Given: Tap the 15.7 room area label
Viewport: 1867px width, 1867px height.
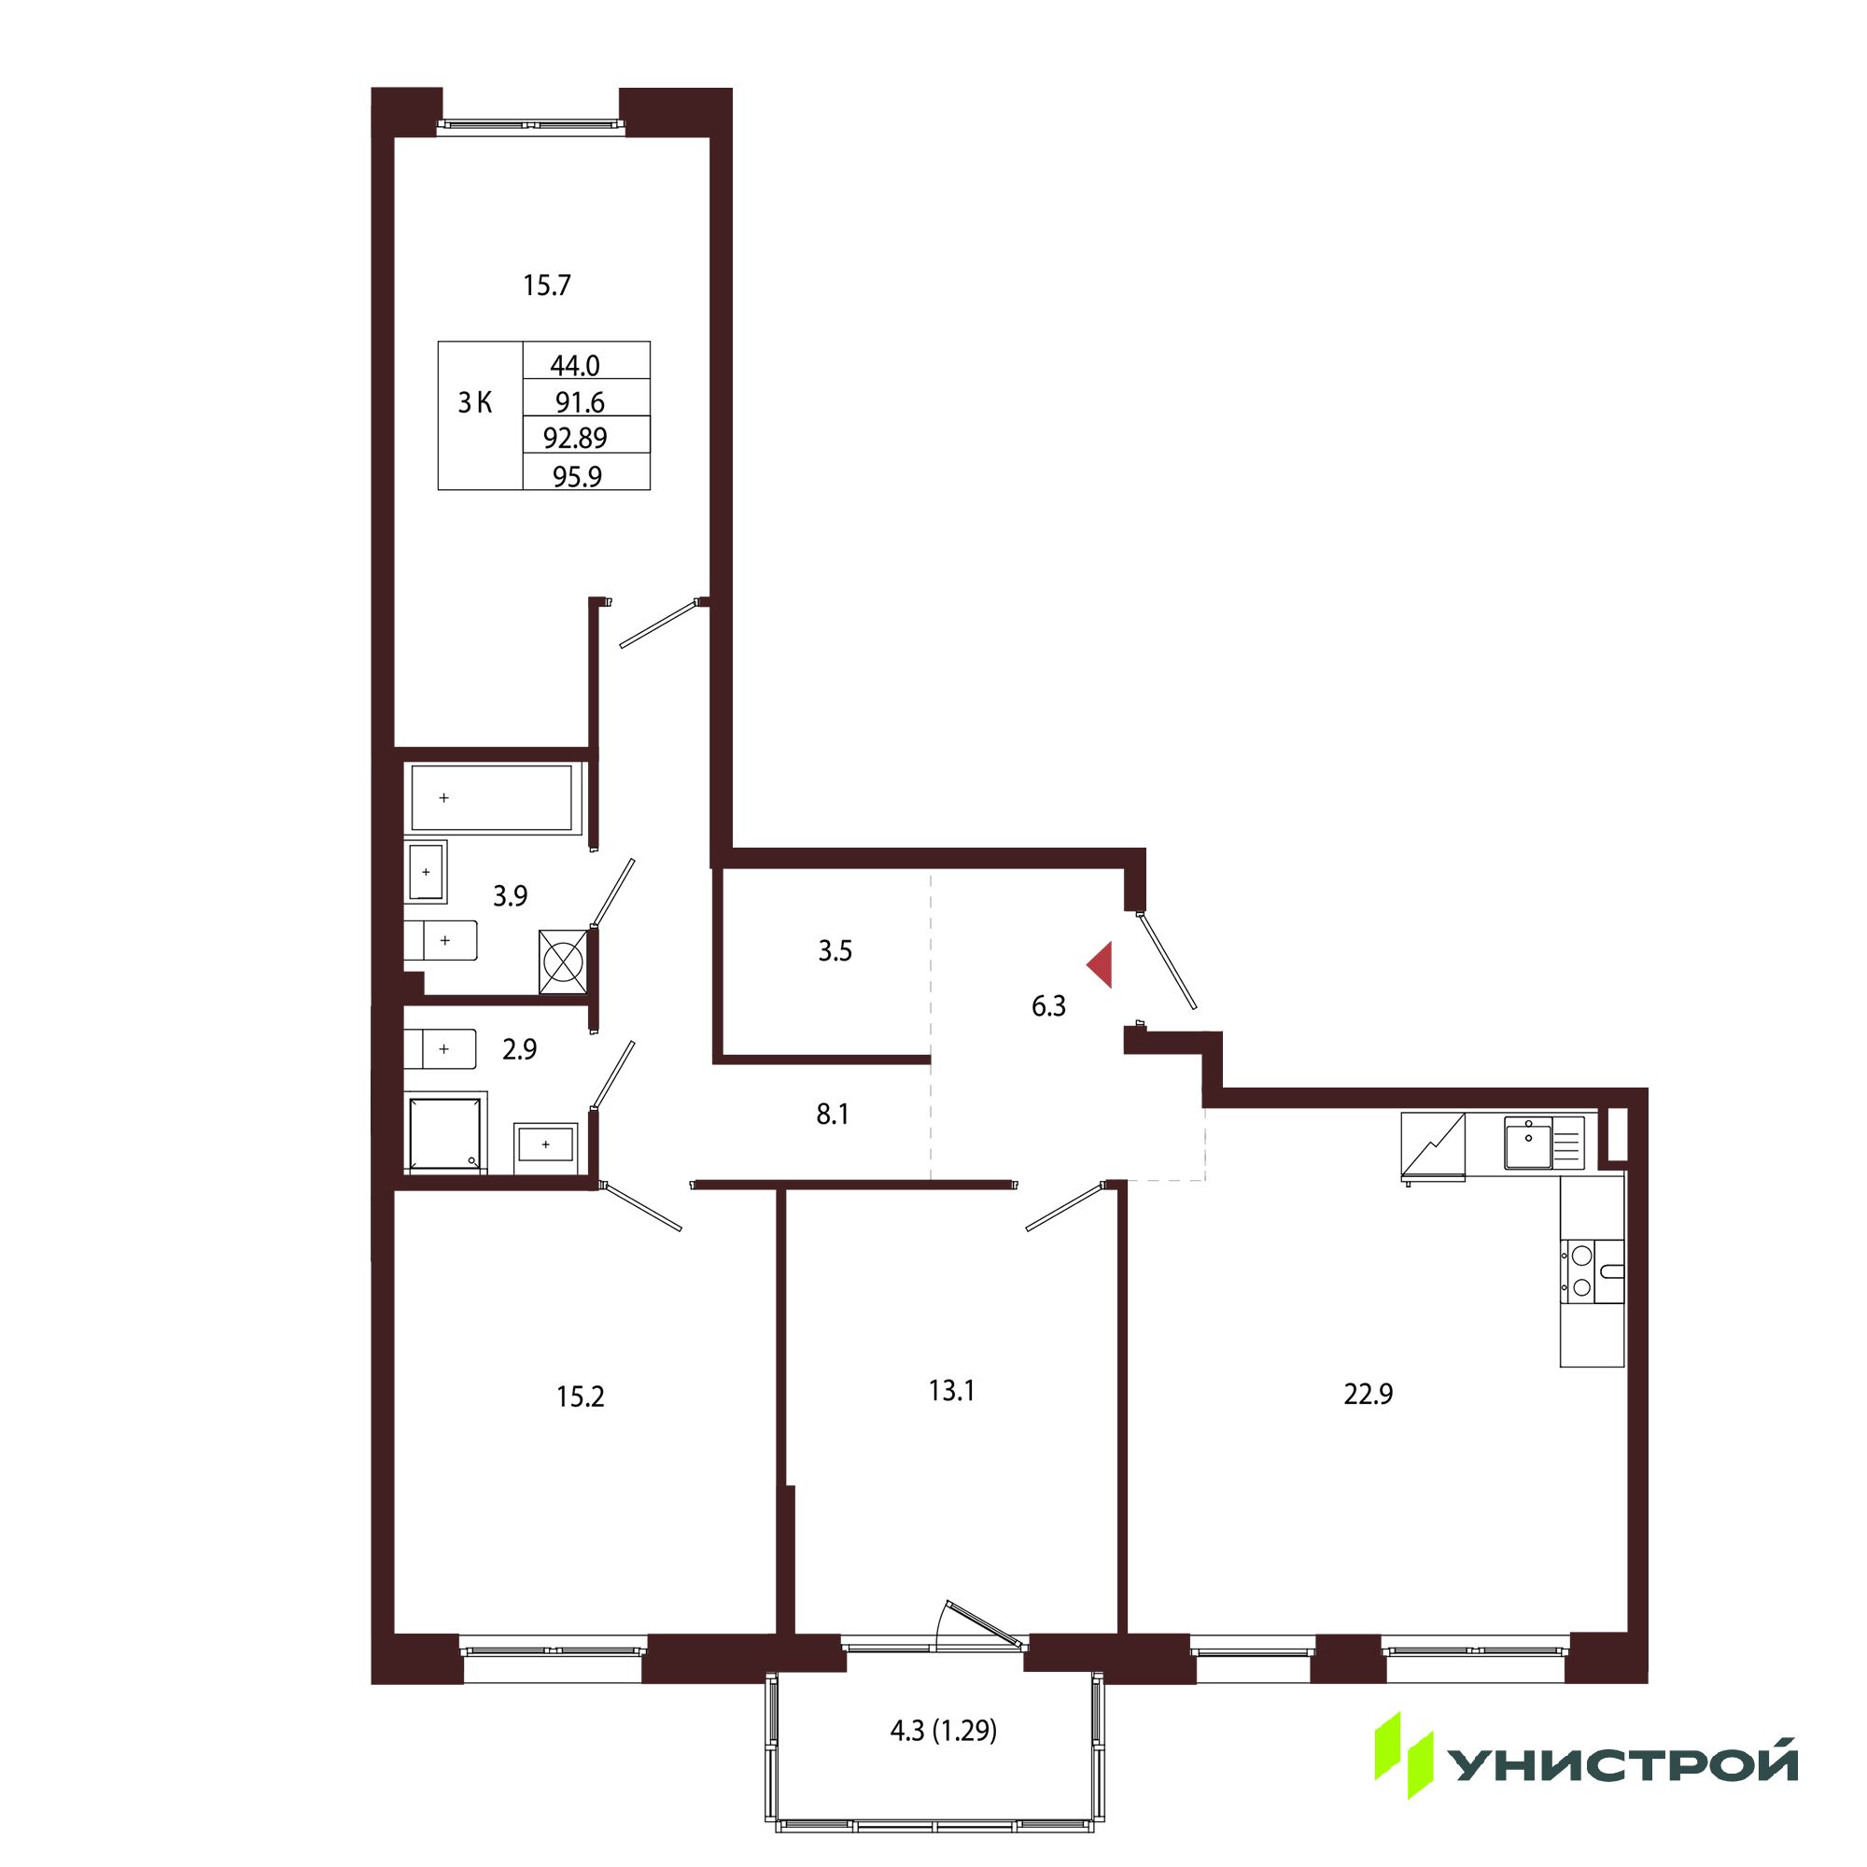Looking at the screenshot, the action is coord(547,285).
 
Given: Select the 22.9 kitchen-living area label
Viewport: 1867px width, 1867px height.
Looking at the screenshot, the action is coord(1368,1395).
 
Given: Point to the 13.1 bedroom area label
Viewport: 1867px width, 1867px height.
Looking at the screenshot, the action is coord(951,1391).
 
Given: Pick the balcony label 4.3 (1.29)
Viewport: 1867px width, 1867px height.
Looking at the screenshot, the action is coord(943,1729).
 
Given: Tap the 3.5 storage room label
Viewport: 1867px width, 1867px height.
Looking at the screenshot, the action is coord(835,951).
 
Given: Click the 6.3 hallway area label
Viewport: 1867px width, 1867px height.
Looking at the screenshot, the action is coord(1048,1006).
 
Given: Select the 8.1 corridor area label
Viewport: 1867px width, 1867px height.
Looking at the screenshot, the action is coord(832,1115).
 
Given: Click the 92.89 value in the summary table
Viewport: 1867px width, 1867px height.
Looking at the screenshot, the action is coord(575,438).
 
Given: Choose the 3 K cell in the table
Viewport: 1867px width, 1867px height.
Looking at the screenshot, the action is coord(474,403).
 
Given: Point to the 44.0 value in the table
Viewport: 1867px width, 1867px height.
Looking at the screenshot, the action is coord(575,365).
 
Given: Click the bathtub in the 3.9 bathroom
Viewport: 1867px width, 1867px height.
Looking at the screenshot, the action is coord(497,798).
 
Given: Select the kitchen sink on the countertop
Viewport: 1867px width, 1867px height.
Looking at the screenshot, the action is coord(1528,1144).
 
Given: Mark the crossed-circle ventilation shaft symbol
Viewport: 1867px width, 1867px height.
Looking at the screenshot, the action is coord(562,962).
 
